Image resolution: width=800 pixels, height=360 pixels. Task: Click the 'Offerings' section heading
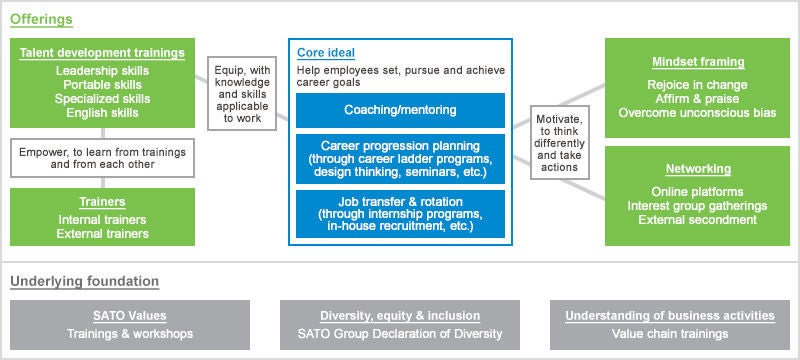40,19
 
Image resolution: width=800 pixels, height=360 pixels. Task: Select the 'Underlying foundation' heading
84,281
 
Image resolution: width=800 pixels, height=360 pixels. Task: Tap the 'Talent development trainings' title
102,53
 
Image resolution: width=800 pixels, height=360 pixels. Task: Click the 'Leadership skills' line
102,71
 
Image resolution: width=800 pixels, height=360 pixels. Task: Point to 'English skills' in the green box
102,113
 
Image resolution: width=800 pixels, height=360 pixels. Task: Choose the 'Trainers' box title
102,202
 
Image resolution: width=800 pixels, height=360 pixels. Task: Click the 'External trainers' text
102,233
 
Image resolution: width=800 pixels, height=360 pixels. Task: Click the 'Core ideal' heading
326,52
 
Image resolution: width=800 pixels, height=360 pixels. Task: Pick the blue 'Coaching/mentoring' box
400,110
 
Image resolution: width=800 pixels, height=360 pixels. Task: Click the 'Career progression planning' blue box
400,158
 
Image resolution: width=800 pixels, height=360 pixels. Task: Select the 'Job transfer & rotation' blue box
400,213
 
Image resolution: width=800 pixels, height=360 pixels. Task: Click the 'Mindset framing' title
697,62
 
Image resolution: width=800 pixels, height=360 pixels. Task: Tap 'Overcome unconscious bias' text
697,113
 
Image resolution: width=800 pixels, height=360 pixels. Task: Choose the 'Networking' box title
697,169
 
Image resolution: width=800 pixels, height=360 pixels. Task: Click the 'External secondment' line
697,219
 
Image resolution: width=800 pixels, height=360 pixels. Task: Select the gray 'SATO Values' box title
129,316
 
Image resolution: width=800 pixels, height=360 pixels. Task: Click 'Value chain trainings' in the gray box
669,334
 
